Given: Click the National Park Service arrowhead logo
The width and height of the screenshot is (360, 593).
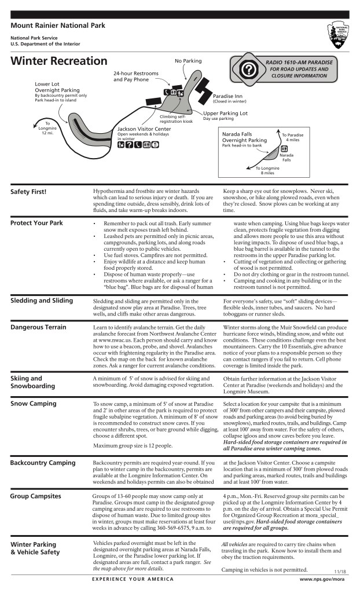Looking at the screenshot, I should click(339, 35).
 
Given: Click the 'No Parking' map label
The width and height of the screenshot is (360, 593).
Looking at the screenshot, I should click(188, 61).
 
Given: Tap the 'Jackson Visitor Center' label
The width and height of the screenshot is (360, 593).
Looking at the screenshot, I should click(145, 129).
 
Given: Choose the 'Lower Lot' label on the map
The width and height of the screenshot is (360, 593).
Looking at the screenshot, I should click(47, 83).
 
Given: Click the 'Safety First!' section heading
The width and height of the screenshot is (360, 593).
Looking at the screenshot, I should click(28, 192).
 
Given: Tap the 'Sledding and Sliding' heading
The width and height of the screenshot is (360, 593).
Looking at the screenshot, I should click(42, 301).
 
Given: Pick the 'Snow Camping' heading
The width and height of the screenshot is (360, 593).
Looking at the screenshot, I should click(34, 403).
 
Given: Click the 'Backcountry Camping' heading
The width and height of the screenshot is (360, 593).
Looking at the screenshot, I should click(43, 463).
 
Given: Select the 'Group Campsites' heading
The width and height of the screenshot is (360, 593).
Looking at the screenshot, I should click(36, 496).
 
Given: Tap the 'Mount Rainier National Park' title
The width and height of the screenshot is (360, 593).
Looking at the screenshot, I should click(57, 26).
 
